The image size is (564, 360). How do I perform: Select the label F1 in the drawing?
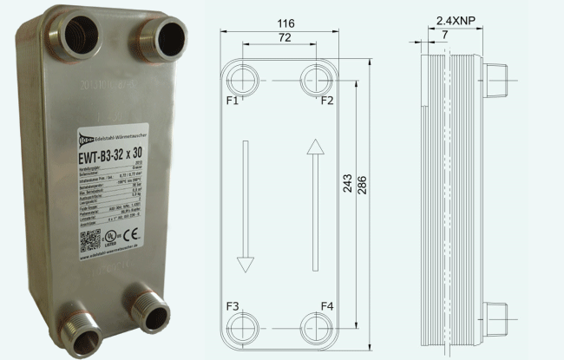click(x=233, y=101)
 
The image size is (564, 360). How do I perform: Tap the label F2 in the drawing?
click(x=327, y=101)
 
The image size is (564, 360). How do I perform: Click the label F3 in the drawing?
click(x=233, y=307)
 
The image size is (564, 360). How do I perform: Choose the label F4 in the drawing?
click(x=327, y=307)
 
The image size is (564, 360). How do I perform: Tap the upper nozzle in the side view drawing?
click(x=495, y=81)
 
